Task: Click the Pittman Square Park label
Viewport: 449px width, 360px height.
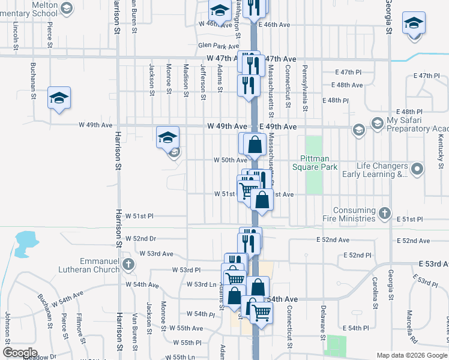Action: (x=315, y=163)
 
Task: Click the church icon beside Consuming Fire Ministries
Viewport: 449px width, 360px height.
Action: (x=384, y=213)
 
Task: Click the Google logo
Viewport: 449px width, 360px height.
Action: (x=20, y=353)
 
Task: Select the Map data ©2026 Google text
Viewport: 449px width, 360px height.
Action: (x=412, y=355)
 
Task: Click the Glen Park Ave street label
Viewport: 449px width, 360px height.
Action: (x=218, y=46)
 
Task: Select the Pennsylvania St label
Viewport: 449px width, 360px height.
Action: (x=305, y=89)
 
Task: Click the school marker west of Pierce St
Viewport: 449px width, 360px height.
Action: (x=59, y=97)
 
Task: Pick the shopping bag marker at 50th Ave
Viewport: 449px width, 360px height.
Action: (x=255, y=144)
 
